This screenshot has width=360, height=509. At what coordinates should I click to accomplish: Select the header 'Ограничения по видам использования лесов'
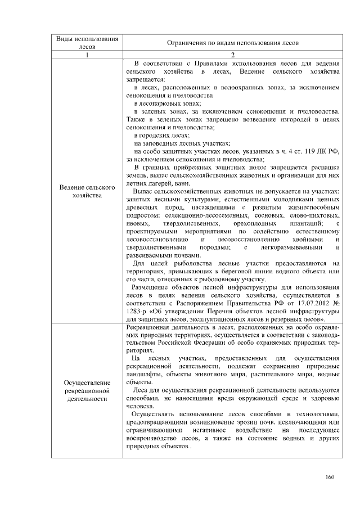point(233,43)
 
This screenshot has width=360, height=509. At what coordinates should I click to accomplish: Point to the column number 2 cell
point(233,55)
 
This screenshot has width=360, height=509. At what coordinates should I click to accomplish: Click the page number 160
point(330,478)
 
